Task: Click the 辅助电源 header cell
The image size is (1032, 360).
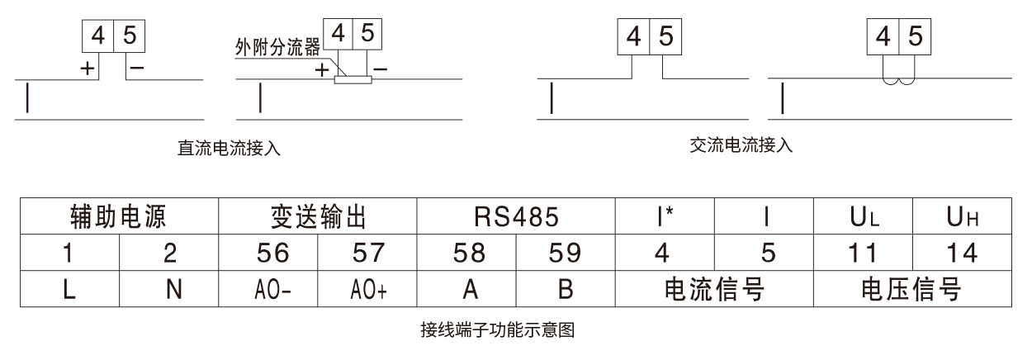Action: pos(120,216)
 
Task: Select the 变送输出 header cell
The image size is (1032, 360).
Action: pos(318,216)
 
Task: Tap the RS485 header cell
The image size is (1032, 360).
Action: pos(516,216)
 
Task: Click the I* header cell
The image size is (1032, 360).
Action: pos(665,216)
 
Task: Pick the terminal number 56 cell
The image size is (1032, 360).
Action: pos(268,252)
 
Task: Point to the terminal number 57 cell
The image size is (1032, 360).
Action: pos(367,252)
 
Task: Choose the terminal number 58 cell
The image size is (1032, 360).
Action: pos(466,252)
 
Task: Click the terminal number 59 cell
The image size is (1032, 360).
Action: pos(566,252)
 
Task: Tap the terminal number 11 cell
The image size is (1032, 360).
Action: pos(863,252)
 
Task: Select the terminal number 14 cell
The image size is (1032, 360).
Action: pos(962,252)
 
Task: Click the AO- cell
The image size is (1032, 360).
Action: pos(268,288)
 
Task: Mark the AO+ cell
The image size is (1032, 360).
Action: pos(367,288)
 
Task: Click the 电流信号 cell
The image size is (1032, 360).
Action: pos(715,288)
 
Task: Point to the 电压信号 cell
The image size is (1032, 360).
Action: pos(912,288)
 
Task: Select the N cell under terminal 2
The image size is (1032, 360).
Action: pos(169,288)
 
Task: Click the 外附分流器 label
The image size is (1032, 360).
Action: pos(277,47)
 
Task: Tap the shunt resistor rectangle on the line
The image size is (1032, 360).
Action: pos(353,80)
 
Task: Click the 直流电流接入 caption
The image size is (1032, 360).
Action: pos(229,148)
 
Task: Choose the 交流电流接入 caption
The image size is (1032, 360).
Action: pos(741,145)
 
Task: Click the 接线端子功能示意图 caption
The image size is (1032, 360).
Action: pos(498,330)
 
